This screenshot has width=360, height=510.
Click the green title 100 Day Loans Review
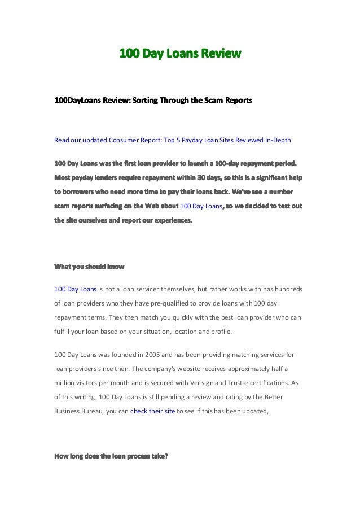pos(180,54)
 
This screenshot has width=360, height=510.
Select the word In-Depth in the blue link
pos(275,140)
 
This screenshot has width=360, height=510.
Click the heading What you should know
pos(89,266)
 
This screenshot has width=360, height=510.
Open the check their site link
pos(152,411)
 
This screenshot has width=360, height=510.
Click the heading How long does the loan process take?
pos(111,456)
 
